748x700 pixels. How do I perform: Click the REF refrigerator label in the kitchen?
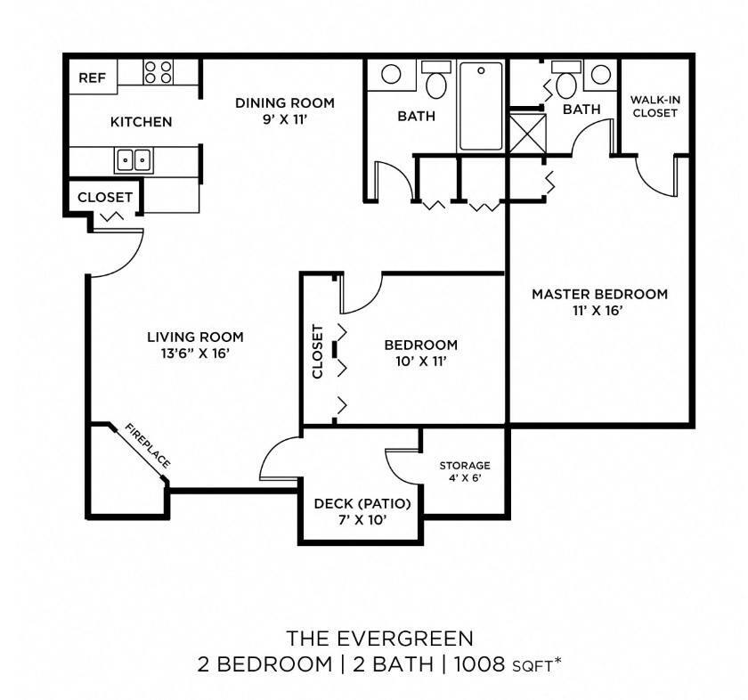[92, 77]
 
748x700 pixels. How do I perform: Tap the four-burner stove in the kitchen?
[158, 72]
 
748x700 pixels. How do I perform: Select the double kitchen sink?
[134, 160]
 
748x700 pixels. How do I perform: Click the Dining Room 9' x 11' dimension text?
[284, 119]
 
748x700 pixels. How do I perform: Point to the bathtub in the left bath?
[481, 106]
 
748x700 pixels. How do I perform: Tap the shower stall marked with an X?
[527, 133]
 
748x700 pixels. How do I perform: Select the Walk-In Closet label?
[655, 106]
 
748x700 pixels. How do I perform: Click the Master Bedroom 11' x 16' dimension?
[598, 311]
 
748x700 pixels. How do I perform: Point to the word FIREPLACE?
[148, 445]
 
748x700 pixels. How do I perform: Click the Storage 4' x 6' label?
[465, 471]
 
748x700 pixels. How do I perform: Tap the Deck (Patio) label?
[362, 503]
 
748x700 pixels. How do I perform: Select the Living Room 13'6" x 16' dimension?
[196, 354]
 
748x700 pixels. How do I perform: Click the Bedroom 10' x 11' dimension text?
[420, 362]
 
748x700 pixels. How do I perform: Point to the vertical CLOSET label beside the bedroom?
[318, 351]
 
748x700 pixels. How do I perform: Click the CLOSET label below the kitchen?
[105, 197]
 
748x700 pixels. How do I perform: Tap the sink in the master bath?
[600, 75]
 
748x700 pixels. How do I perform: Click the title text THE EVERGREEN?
[379, 639]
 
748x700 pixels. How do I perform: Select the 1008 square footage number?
[479, 663]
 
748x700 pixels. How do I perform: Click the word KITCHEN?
[142, 122]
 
